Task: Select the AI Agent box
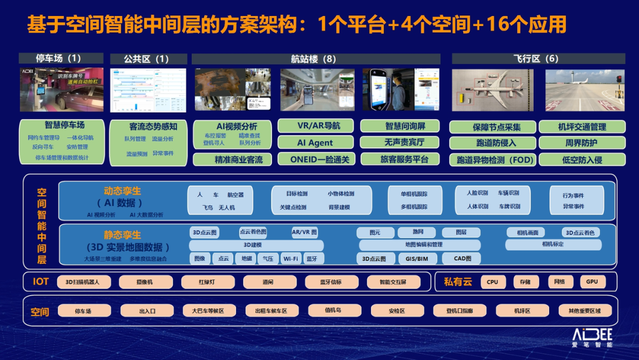[315, 143]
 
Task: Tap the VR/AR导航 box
[315, 126]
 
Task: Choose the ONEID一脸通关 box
[315, 159]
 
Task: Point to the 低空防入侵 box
[582, 160]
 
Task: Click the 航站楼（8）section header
[315, 59]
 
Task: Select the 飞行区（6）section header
[538, 59]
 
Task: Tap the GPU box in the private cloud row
[592, 282]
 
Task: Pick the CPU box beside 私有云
[492, 282]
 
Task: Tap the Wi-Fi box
[291, 259]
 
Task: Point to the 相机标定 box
[553, 245]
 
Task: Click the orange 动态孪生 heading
[122, 191]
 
